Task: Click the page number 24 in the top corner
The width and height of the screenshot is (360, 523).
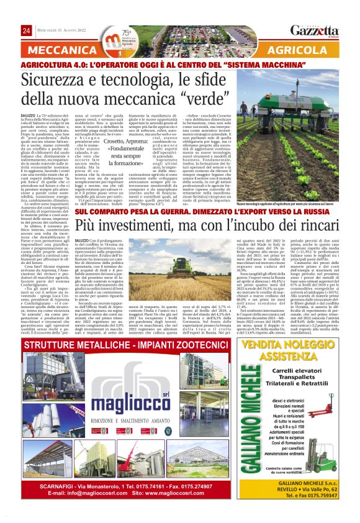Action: point(26,31)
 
